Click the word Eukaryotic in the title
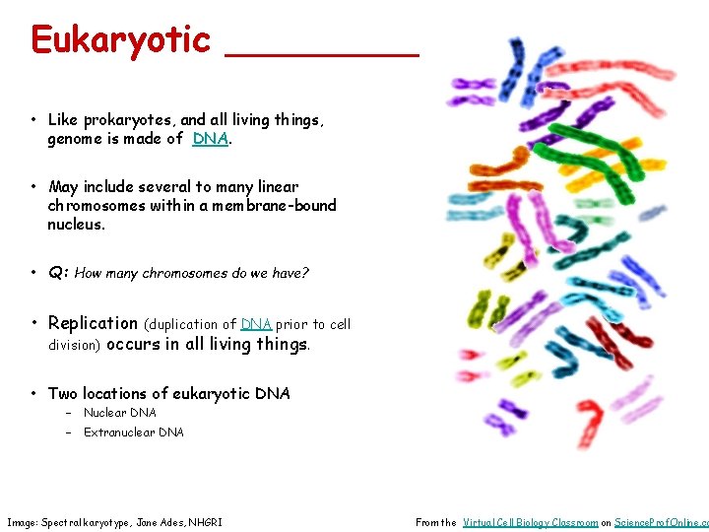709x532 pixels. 120,39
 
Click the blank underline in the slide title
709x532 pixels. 322,54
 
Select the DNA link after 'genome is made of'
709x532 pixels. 211,139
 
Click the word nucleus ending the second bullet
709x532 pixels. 75,224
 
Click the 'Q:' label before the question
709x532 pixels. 58,273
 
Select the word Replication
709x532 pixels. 94,323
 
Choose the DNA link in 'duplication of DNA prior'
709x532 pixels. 256,324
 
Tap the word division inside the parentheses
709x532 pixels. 75,345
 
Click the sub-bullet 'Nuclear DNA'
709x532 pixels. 119,413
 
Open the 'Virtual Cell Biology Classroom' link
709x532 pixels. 530,522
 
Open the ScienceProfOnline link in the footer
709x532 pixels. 660,522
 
